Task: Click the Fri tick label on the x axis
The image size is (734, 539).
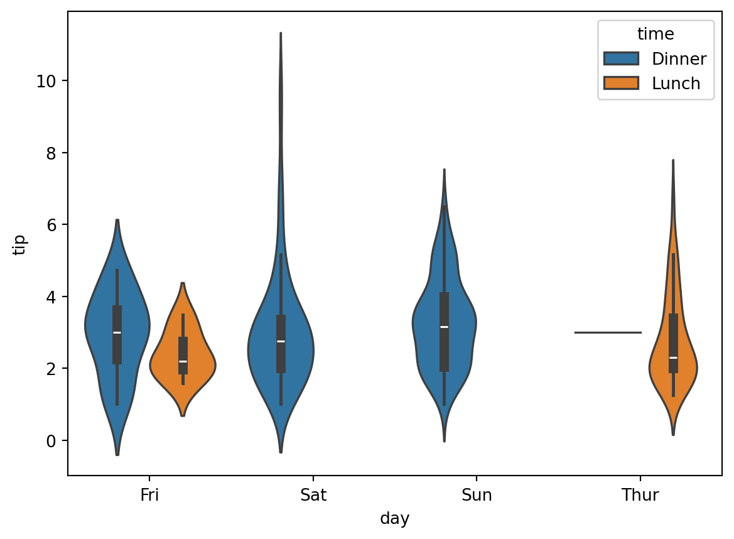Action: click(x=149, y=496)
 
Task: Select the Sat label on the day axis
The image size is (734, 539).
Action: click(x=313, y=496)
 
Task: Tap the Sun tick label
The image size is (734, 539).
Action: click(x=477, y=496)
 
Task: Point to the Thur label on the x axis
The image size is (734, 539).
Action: click(x=640, y=496)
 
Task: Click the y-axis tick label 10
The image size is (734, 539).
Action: click(x=50, y=81)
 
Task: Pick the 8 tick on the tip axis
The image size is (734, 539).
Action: click(x=55, y=153)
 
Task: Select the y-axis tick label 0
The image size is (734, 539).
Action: click(x=55, y=440)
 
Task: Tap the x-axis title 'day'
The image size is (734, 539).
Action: click(x=395, y=519)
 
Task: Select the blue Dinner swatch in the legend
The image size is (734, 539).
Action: click(x=621, y=59)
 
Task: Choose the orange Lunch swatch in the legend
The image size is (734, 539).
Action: click(x=621, y=83)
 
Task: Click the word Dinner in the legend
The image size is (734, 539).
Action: click(x=679, y=59)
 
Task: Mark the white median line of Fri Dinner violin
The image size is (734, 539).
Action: click(x=117, y=332)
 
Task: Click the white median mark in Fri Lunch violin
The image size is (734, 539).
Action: click(x=183, y=361)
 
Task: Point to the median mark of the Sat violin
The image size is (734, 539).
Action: click(x=281, y=341)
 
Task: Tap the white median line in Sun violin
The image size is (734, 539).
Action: click(x=444, y=327)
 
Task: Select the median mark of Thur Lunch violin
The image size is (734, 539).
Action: click(x=673, y=357)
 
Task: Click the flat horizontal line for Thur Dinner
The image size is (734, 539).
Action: click(x=608, y=332)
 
